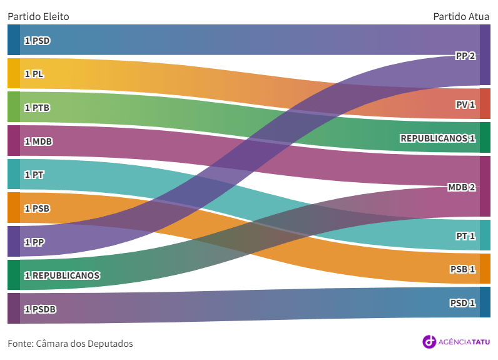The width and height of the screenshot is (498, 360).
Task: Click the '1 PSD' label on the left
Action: click(x=37, y=41)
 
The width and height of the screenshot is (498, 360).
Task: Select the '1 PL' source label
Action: click(x=34, y=74)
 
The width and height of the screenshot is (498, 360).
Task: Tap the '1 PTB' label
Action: click(x=37, y=108)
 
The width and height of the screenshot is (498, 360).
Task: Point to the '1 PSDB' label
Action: click(x=40, y=309)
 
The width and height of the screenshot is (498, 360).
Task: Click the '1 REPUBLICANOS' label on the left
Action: click(x=62, y=275)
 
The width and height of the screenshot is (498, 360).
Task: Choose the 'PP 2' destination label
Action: click(x=465, y=56)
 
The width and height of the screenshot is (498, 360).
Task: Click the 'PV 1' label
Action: click(x=465, y=105)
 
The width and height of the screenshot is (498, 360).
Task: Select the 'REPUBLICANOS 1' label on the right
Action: click(x=438, y=138)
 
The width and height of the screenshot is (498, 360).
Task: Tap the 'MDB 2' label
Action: click(x=462, y=187)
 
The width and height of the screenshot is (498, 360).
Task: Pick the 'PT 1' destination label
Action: click(x=465, y=236)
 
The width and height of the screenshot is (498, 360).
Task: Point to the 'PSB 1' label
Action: click(x=463, y=269)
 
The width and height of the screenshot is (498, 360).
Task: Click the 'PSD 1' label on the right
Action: click(x=463, y=303)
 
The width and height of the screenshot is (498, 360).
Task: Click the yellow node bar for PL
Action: click(x=14, y=73)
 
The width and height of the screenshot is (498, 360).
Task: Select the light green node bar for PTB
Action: click(x=14, y=107)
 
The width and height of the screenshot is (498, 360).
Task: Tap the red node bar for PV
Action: click(x=485, y=104)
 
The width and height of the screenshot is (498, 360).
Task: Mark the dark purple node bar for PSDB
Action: click(x=14, y=308)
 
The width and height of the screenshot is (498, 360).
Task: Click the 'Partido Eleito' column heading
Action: click(x=38, y=16)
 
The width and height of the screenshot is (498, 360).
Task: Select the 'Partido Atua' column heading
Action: click(x=462, y=16)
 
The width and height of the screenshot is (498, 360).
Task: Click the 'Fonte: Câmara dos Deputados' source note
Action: click(x=70, y=344)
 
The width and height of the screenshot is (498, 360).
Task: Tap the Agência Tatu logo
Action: click(x=457, y=341)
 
